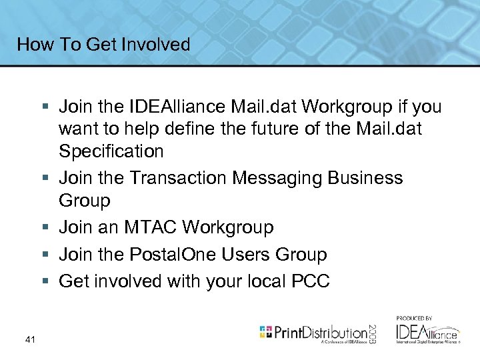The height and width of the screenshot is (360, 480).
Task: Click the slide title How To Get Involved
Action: [x=103, y=45]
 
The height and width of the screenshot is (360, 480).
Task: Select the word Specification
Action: [x=111, y=151]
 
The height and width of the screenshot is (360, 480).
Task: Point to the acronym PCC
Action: [x=311, y=281]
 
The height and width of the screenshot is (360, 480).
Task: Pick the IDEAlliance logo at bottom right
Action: [x=427, y=332]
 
